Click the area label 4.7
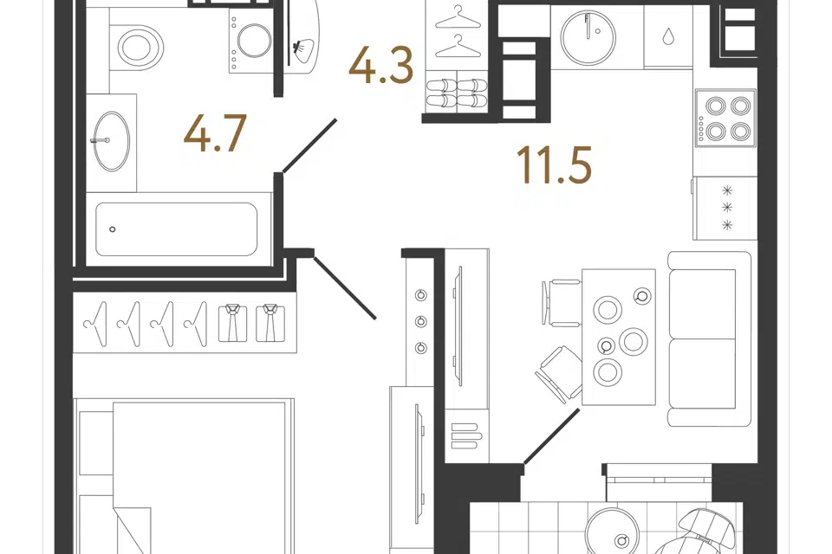(215, 133)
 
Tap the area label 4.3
(381, 65)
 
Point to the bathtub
(177, 229)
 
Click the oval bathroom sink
(112, 141)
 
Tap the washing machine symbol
(251, 41)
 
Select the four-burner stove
(725, 117)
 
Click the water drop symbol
(668, 36)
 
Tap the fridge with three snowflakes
(725, 207)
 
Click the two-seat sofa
(710, 338)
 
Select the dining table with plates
(619, 338)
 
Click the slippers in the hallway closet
(457, 93)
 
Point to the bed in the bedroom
(184, 476)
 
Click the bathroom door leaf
(310, 145)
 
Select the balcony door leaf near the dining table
(551, 436)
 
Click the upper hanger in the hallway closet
(455, 16)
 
